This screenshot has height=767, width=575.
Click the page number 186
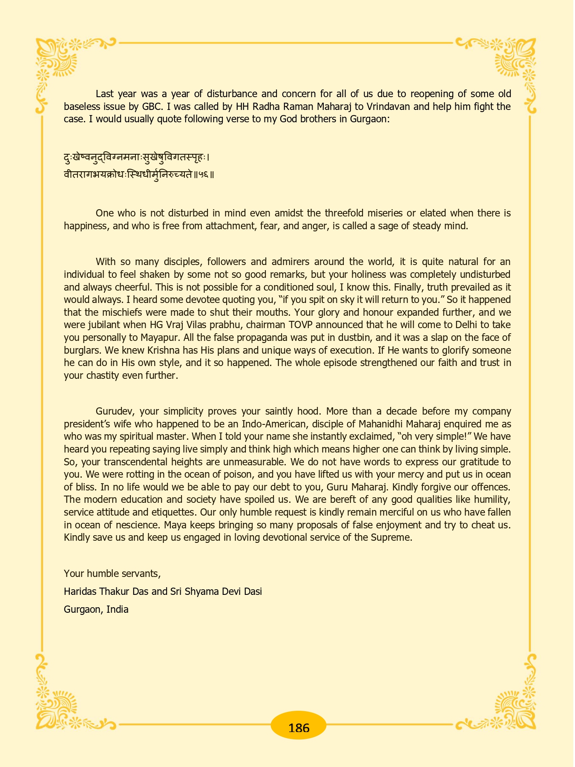[299, 727]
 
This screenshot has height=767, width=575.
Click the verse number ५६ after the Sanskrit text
[203, 174]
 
